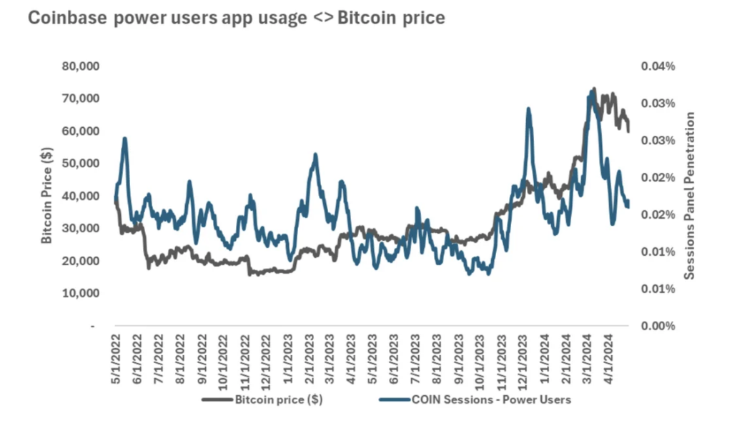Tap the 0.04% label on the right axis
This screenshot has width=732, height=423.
point(658,66)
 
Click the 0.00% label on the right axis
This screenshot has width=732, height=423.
point(658,326)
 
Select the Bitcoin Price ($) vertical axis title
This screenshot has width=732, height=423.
point(46,196)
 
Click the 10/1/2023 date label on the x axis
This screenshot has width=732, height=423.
point(488,361)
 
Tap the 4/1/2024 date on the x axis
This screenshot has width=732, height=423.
point(612,361)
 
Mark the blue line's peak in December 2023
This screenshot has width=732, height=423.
point(528,109)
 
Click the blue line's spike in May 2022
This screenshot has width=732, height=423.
point(125,139)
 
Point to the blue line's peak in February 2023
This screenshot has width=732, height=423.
point(315,154)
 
